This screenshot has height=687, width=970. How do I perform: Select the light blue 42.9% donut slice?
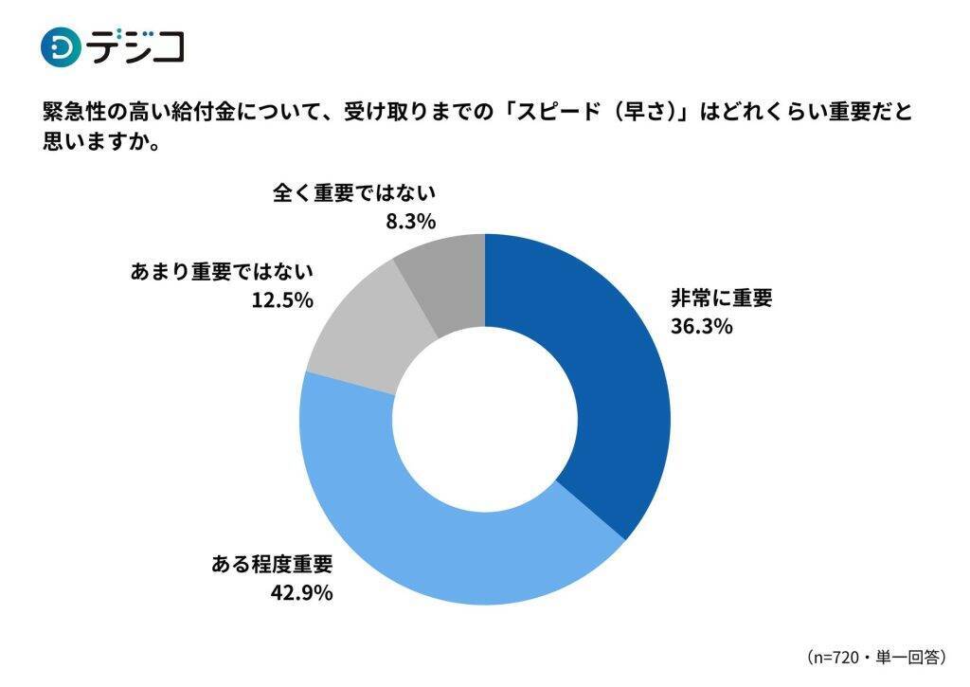pos(445,540)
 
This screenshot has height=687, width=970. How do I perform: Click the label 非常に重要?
pos(722,298)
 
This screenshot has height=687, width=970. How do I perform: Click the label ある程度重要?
pos(272,566)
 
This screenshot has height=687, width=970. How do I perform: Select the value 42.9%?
pos(301,594)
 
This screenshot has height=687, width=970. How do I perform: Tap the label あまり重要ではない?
pos(220,271)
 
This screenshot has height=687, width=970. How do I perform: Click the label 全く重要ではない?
pos(353,193)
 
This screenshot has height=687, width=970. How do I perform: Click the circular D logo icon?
pos(61,46)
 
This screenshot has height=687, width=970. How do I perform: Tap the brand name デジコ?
pos(136,46)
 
